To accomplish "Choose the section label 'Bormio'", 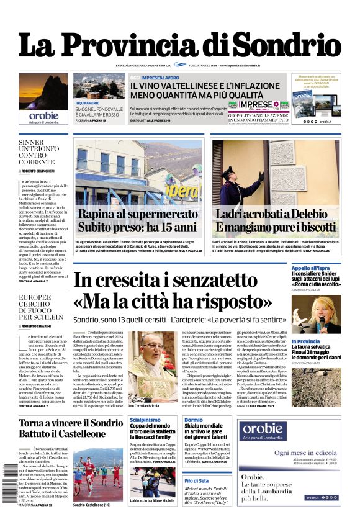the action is [x=193, y=420].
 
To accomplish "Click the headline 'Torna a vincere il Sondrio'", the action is [x=73, y=423].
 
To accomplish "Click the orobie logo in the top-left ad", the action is [x=43, y=115].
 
